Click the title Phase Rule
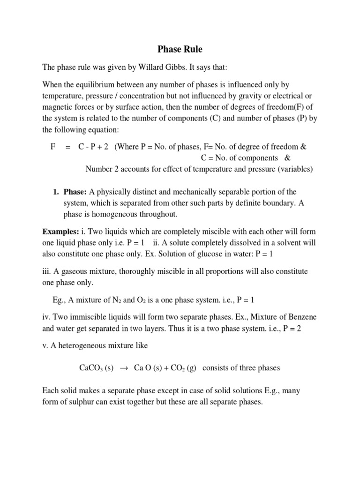pyautogui.click(x=180, y=49)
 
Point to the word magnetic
pyautogui.click(x=58, y=107)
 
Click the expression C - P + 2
pyautogui.click(x=93, y=147)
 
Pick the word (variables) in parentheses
pyautogui.click(x=290, y=169)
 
